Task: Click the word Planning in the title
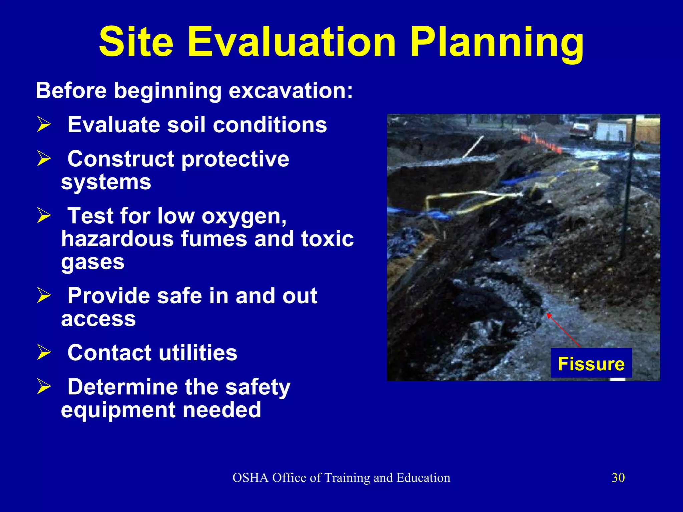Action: tap(497, 43)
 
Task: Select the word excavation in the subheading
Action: tap(287, 91)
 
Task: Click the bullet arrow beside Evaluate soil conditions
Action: tap(44, 124)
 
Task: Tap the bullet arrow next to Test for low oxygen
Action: tap(44, 215)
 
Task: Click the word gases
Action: tap(93, 262)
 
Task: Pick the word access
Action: tap(98, 319)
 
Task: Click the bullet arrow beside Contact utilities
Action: tap(44, 352)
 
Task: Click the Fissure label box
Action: tap(591, 363)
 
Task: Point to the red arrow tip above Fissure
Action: tap(548, 314)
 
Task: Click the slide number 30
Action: tap(618, 478)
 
